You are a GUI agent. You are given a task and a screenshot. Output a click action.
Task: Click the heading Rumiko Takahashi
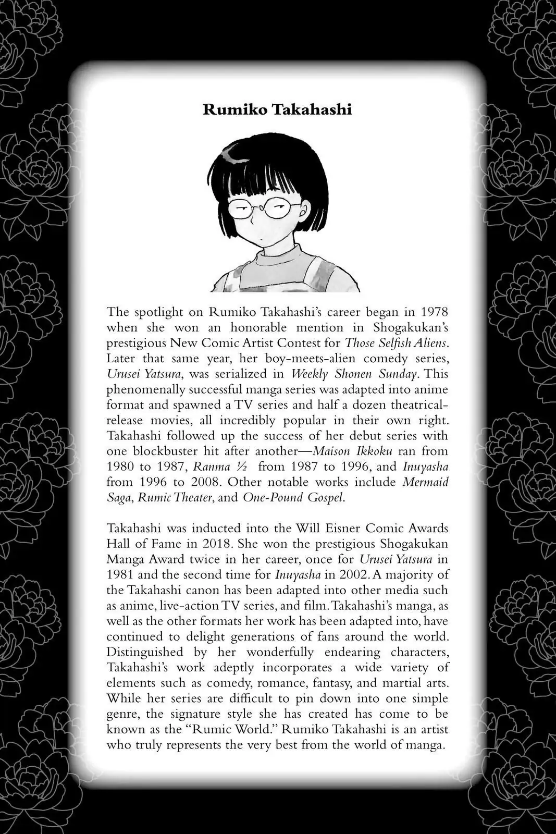click(x=277, y=110)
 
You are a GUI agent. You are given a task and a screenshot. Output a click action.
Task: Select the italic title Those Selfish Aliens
click(x=396, y=343)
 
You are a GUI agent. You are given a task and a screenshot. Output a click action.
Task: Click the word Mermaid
click(x=426, y=482)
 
